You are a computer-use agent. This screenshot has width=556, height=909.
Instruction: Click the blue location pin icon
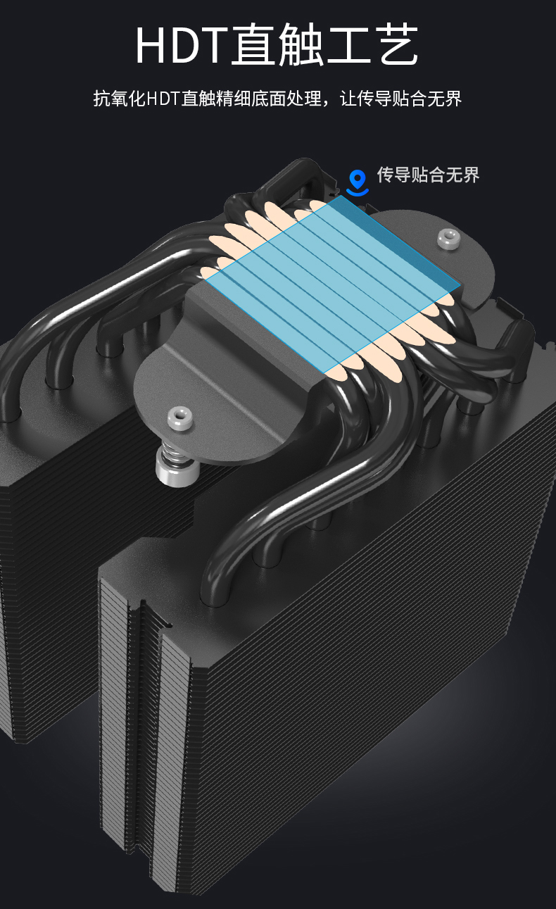[358, 182]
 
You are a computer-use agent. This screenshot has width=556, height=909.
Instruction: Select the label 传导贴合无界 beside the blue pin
[428, 175]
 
